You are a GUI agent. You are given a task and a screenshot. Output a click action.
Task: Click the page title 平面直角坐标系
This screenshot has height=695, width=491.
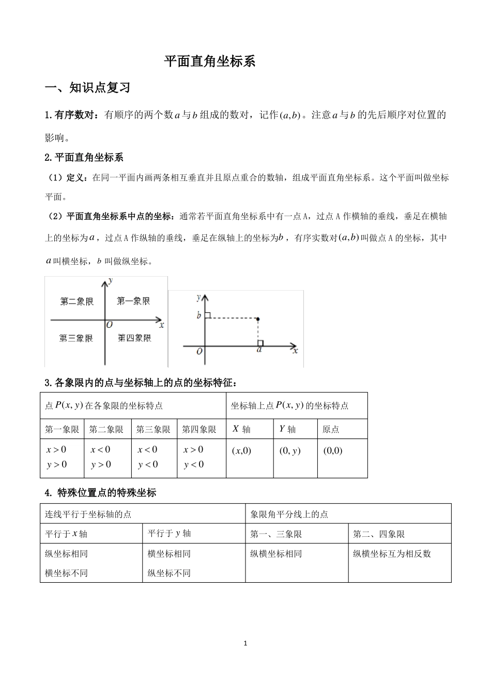pyautogui.click(x=210, y=62)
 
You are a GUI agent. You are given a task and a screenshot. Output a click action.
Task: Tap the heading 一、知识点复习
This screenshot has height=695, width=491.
pyautogui.click(x=87, y=88)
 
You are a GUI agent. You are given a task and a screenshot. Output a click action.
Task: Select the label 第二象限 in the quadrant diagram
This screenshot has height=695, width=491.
pyautogui.click(x=77, y=301)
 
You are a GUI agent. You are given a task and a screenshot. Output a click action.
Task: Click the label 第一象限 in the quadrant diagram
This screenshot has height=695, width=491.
pyautogui.click(x=133, y=300)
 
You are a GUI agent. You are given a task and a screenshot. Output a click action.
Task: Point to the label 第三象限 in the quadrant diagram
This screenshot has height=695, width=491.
pyautogui.click(x=76, y=338)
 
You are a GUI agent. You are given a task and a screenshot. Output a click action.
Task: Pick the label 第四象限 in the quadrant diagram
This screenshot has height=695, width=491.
pyautogui.click(x=134, y=338)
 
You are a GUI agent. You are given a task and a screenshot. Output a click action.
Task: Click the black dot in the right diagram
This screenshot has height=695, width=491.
pyautogui.click(x=258, y=319)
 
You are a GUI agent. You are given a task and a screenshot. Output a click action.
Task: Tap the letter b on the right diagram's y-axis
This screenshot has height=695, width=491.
pyautogui.click(x=199, y=315)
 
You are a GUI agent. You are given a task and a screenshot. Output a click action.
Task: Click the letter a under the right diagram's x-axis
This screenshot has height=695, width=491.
pyautogui.click(x=259, y=350)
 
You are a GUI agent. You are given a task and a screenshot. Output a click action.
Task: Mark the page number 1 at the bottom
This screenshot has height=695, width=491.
pyautogui.click(x=245, y=644)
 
